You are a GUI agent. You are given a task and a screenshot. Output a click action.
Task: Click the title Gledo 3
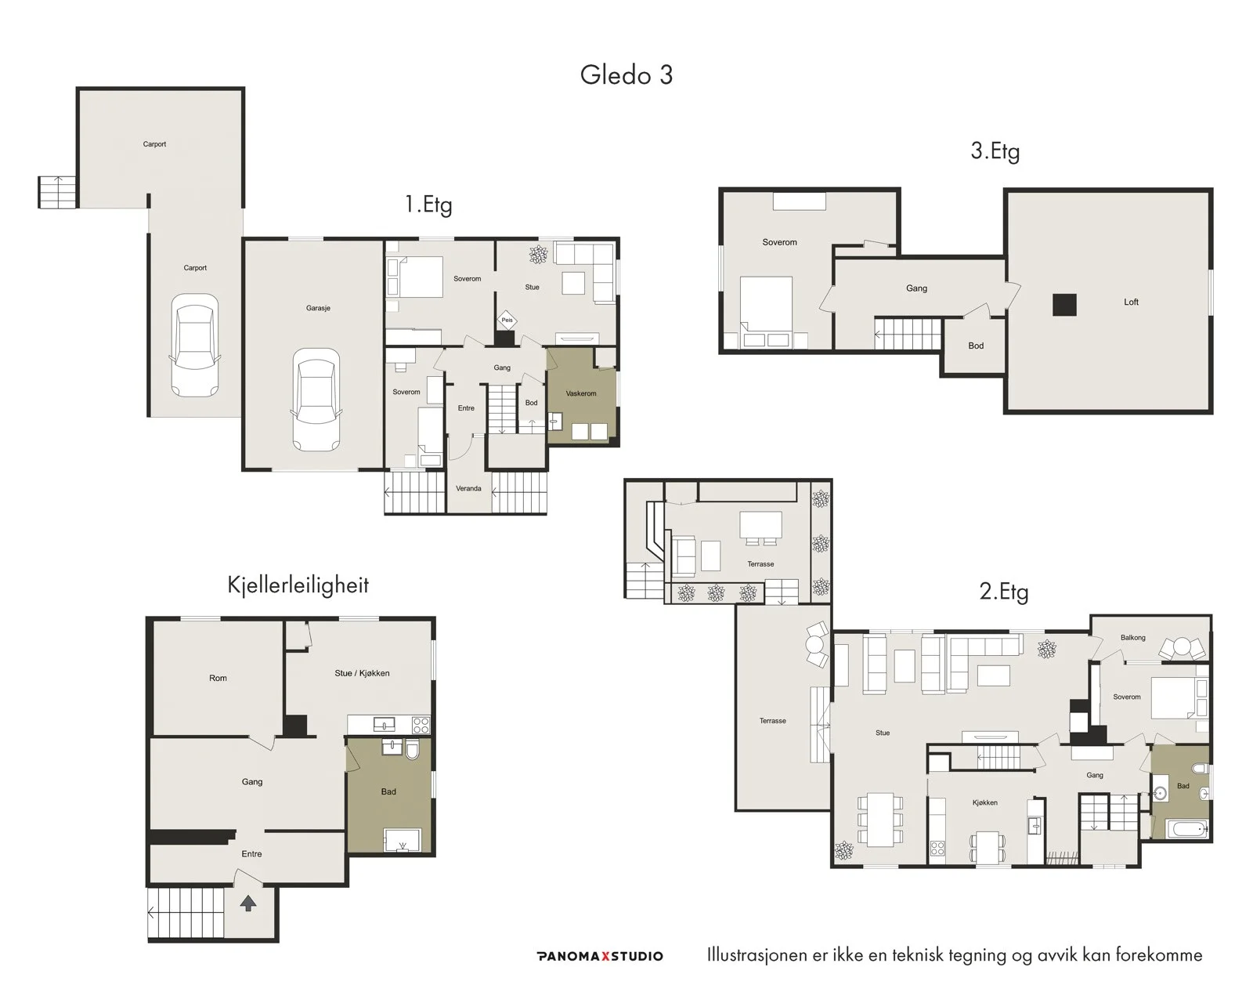[x=626, y=75]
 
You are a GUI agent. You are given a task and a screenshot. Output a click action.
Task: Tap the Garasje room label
[x=318, y=308]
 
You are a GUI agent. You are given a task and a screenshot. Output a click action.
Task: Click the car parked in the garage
[x=316, y=400]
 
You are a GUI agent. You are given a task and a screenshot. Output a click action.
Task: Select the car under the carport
[x=194, y=345]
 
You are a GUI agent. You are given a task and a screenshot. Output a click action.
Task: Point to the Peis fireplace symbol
[x=507, y=320]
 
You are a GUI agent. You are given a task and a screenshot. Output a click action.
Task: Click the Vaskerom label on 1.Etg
[x=581, y=393]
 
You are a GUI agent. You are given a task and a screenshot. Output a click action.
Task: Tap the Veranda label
[x=468, y=488]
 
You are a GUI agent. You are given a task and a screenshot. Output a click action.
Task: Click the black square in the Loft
[x=1064, y=304]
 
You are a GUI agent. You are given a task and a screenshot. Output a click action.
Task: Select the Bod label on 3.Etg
[x=976, y=346]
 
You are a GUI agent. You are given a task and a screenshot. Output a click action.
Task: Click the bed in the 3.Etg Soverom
[x=766, y=313]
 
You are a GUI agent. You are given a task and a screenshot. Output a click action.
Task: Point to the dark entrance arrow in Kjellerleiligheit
[x=248, y=904]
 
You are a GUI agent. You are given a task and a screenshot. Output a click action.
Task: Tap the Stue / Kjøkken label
[x=362, y=673]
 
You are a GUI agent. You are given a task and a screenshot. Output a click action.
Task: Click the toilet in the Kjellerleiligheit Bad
[x=412, y=749]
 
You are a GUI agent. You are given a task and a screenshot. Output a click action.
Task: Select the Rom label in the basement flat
[x=218, y=678]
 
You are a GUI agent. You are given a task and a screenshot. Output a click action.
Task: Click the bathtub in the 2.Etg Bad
[x=1187, y=828]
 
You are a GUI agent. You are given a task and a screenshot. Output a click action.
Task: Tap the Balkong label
[x=1133, y=638]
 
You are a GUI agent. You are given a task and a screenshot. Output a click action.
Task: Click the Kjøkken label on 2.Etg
[x=985, y=802]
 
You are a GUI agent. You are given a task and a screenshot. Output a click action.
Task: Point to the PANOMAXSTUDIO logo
[x=600, y=956]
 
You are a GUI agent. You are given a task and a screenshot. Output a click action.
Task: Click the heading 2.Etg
[x=1004, y=592]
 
